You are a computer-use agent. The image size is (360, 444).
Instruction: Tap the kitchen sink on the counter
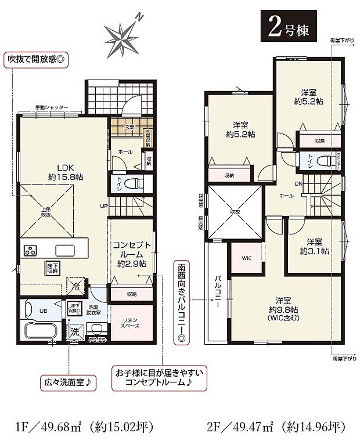(66, 251)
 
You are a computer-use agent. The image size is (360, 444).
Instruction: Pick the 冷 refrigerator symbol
(74, 286)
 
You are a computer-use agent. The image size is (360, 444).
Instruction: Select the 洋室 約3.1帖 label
(314, 247)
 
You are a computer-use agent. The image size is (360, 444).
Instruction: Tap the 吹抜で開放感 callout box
(36, 59)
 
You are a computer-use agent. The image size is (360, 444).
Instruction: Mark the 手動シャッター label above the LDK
(51, 107)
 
